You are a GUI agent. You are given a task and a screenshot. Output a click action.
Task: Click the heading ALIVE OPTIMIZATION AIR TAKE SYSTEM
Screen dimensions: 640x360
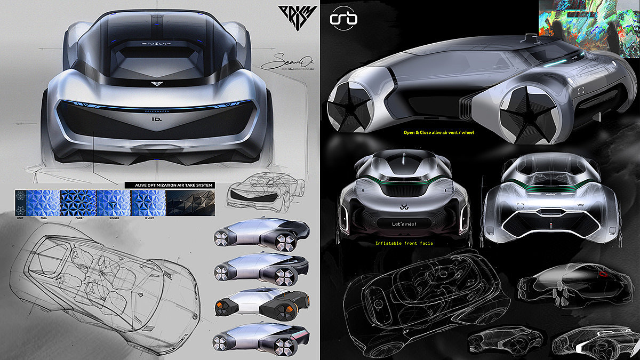pos(170,185)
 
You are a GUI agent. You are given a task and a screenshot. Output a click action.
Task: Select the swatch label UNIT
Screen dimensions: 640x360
pos(21,218)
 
